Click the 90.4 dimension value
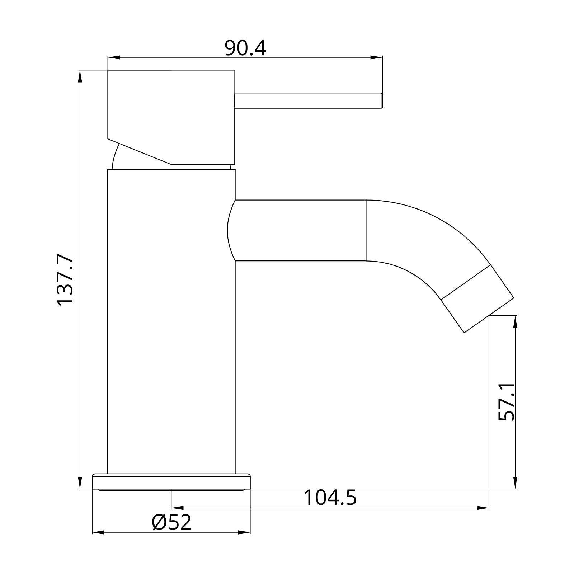click(245, 48)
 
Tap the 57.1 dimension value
click(507, 401)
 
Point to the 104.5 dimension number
click(330, 498)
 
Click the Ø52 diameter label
click(171, 522)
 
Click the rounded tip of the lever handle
click(381, 100)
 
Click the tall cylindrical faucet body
click(171, 323)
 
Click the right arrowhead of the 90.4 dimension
click(376, 57)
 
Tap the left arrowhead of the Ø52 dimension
click(98, 532)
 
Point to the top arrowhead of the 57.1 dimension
click(515, 322)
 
